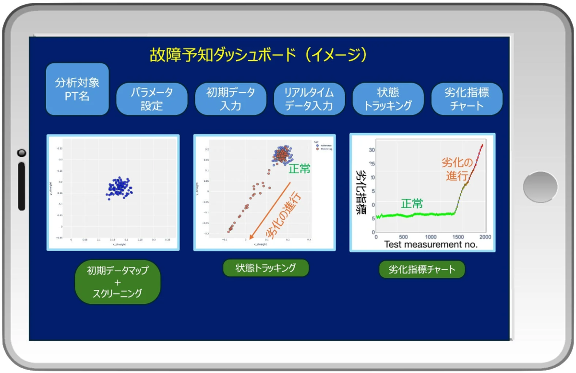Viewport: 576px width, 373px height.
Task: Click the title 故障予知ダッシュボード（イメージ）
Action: (259, 54)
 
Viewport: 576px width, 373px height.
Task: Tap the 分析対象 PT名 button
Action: (77, 89)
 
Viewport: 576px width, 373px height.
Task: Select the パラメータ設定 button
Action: (152, 99)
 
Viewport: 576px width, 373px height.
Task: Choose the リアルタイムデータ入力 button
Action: (309, 99)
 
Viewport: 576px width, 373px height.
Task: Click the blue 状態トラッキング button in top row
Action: (388, 99)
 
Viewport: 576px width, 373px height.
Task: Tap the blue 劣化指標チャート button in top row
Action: (467, 99)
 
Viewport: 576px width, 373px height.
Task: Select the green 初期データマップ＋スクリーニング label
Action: (118, 282)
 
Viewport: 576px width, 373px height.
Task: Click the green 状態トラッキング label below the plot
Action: (265, 268)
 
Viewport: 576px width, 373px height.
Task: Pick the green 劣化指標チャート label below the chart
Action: (422, 269)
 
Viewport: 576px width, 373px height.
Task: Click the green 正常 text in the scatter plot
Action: (300, 169)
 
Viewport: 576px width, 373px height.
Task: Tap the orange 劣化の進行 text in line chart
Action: (457, 169)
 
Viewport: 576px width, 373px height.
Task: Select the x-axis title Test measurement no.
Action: (431, 245)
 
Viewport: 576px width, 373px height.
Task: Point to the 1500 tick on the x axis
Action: (458, 237)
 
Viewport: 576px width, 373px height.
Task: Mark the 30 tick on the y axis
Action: (371, 150)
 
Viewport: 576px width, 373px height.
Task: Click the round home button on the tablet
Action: (540, 186)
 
